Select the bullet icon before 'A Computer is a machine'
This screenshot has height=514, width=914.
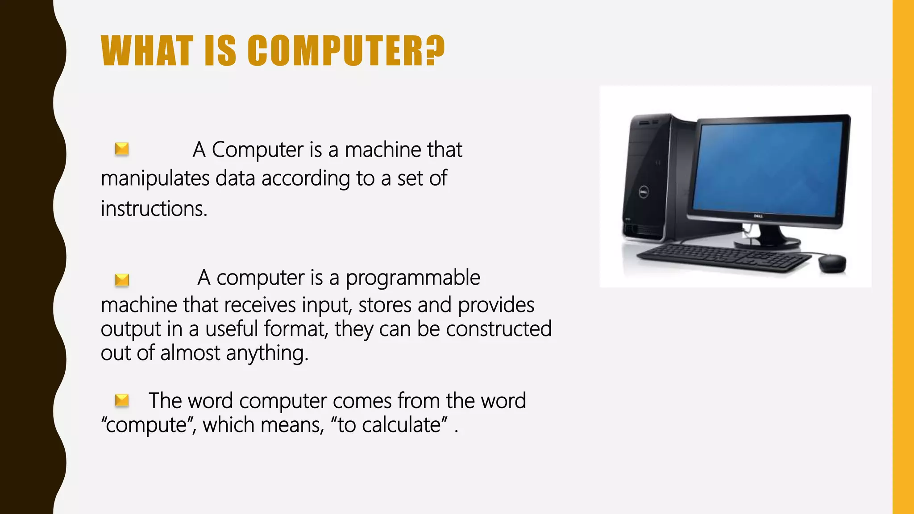pos(122,149)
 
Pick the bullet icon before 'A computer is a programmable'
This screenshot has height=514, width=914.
pos(122,280)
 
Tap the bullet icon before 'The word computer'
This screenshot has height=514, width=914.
pos(122,400)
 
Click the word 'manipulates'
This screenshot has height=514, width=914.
pos(155,179)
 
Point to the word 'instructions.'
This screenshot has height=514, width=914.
pos(154,209)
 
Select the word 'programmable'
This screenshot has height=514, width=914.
pos(413,278)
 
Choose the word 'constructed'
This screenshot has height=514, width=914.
pos(499,329)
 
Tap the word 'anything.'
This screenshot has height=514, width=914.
pos(267,353)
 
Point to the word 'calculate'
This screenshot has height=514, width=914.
pos(401,425)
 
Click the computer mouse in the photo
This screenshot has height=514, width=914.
pos(832,263)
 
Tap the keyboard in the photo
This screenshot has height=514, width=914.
pos(723,257)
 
